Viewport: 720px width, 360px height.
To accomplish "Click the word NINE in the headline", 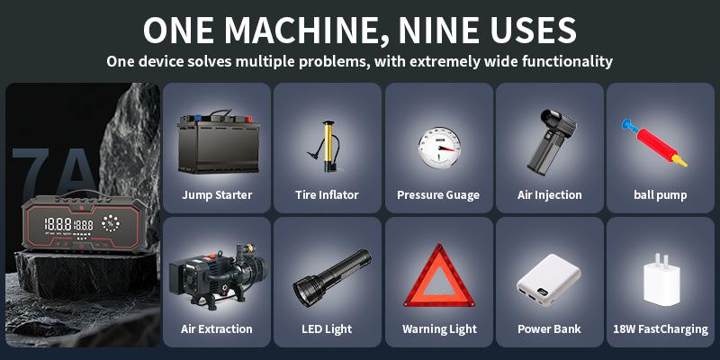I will click(x=427, y=30).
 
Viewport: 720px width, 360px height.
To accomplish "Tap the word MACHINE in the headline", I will click(x=284, y=30).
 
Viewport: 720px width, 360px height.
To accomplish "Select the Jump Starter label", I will click(x=216, y=194).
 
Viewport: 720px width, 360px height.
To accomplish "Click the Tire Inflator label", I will click(x=327, y=194).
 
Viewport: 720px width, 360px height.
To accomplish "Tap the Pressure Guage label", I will click(x=438, y=194).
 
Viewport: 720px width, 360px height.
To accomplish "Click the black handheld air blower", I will click(x=548, y=141).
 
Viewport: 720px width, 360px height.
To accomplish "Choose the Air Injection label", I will click(x=550, y=194).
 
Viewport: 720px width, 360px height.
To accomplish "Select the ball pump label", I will click(x=660, y=194).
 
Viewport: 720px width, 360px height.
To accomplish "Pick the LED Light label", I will click(x=327, y=328).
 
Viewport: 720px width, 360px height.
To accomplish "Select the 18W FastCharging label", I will click(x=660, y=328).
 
